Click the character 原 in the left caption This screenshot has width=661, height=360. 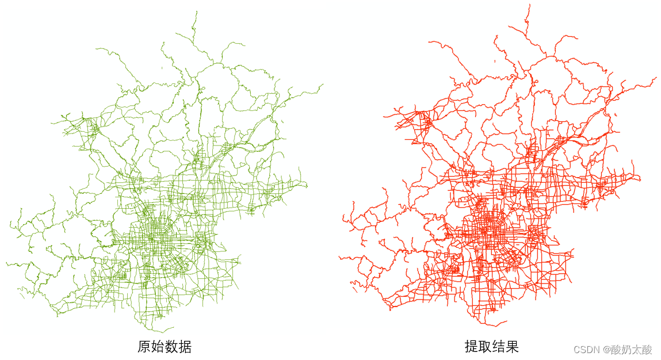144,347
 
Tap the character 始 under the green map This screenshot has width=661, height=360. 158,347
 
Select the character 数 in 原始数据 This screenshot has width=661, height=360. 171,347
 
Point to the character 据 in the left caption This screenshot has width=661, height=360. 185,347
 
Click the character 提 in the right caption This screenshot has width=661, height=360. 472,347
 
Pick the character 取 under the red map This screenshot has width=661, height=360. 485,347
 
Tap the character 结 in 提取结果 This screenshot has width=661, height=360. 499,347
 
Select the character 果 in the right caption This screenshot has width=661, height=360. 512,347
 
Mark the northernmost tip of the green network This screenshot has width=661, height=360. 196,11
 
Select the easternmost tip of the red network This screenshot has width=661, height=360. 655,78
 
